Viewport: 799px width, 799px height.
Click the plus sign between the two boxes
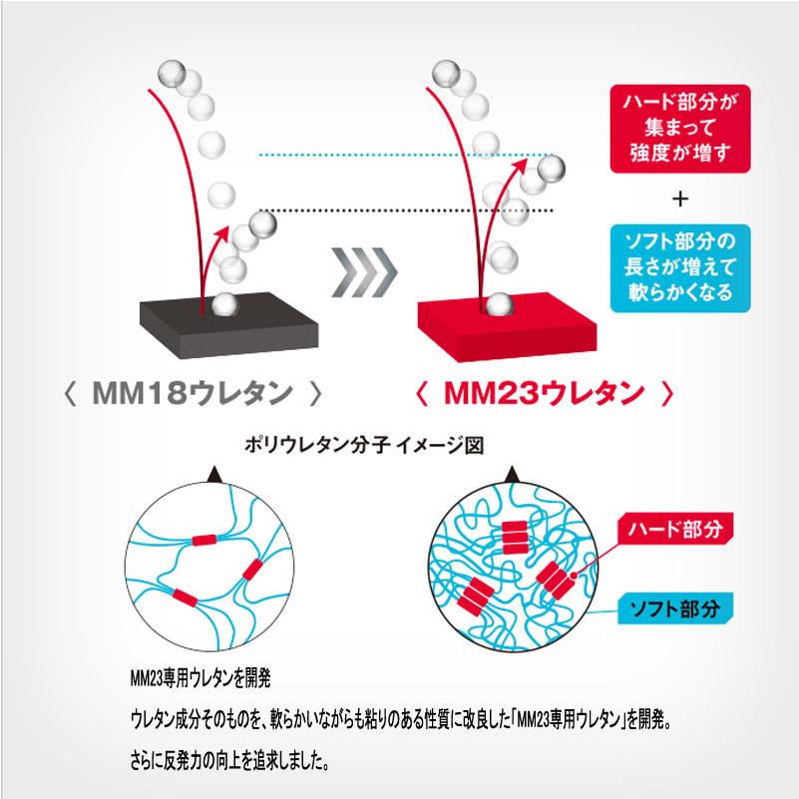681,199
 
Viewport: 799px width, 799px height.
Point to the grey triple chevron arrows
365,268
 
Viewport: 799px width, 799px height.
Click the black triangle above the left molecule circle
213,480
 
